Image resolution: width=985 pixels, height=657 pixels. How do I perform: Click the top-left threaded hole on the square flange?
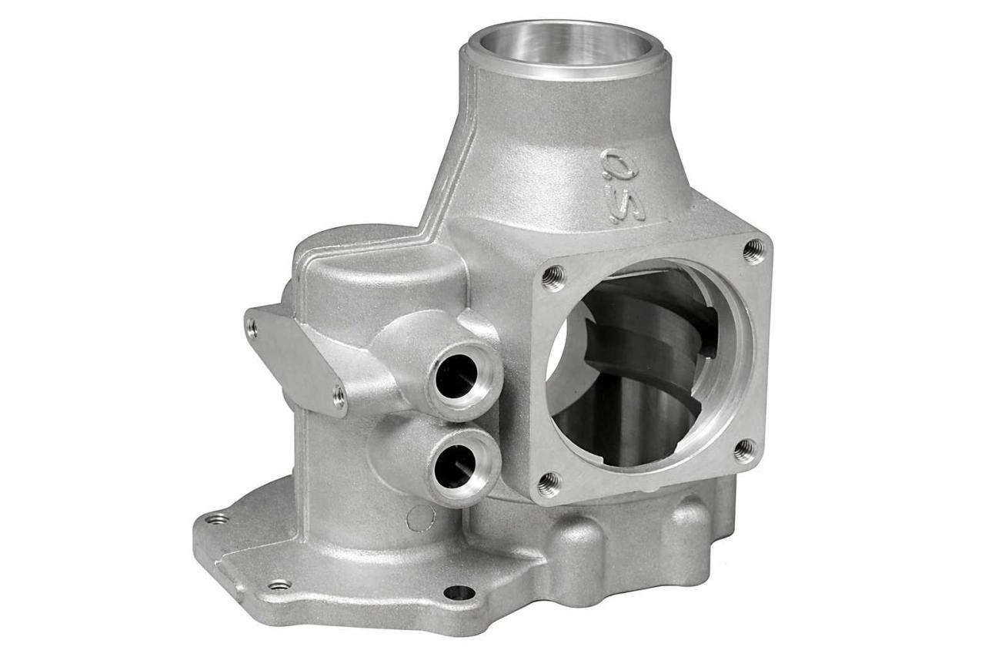pyautogui.click(x=553, y=277)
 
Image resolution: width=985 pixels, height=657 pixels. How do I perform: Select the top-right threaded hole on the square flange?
pyautogui.click(x=753, y=250)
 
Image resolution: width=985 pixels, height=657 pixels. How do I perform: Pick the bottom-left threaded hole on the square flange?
pyautogui.click(x=549, y=484)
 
